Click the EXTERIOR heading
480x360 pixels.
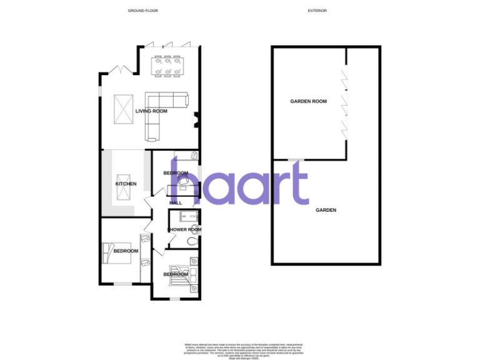317,11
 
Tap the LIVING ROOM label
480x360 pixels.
152,111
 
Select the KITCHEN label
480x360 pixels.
126,184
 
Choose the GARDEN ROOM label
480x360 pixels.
309,101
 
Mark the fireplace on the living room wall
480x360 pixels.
196,119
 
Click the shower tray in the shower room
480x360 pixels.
186,217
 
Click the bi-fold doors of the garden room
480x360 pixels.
343,102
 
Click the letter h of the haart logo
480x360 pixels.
186,181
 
